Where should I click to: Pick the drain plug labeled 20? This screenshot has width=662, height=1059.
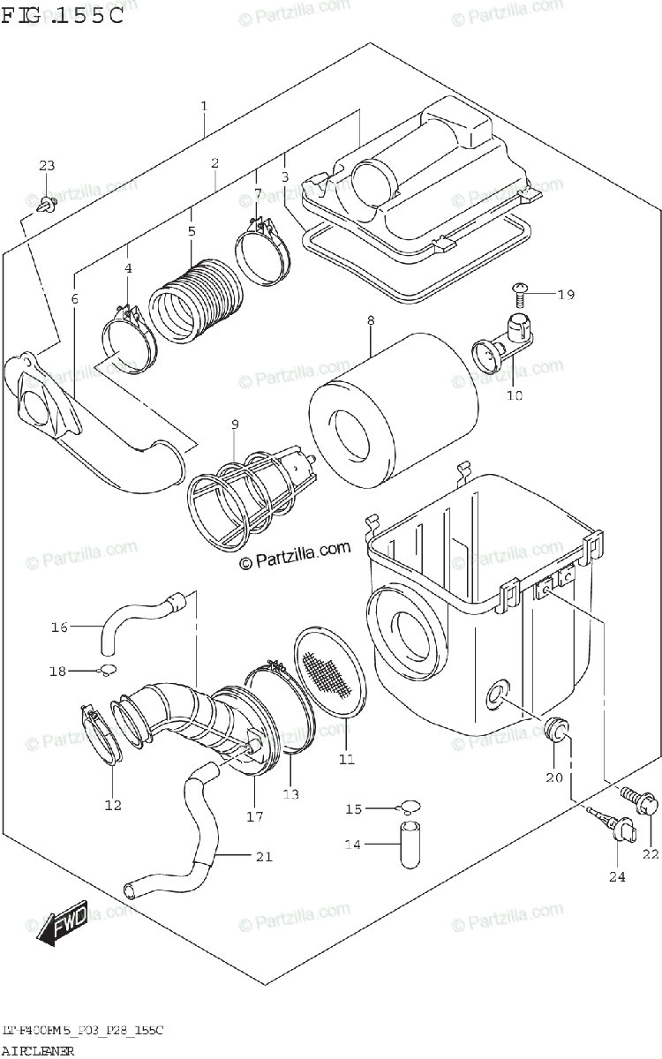coord(556,729)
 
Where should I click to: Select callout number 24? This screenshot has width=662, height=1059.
coord(615,876)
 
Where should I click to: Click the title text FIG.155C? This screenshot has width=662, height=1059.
coord(62,17)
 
